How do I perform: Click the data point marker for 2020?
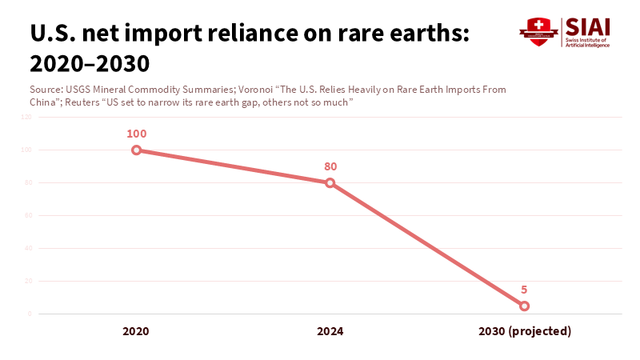pyautogui.click(x=137, y=150)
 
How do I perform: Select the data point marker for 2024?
pyautogui.click(x=330, y=183)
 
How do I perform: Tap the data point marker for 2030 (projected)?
pyautogui.click(x=525, y=306)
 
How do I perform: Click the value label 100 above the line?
pyautogui.click(x=137, y=134)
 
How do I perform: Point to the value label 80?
pyautogui.click(x=330, y=166)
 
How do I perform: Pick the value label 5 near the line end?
pyautogui.click(x=525, y=290)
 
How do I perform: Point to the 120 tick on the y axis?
pyautogui.click(x=26, y=117)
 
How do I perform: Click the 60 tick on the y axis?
pyautogui.click(x=28, y=215)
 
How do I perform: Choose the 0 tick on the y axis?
pyautogui.click(x=30, y=314)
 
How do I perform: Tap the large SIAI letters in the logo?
pyautogui.click(x=587, y=26)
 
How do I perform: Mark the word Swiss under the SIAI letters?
pyautogui.click(x=574, y=39)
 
